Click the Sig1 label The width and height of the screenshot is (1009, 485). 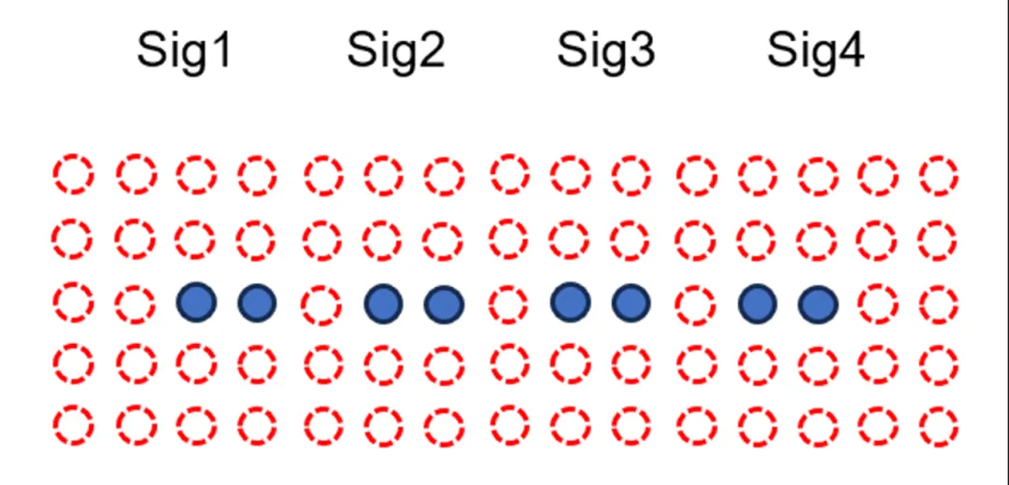tap(183, 50)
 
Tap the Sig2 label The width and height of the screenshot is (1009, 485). tap(395, 50)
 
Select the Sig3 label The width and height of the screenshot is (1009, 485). tap(605, 50)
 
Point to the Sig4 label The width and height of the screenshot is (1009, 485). tap(816, 50)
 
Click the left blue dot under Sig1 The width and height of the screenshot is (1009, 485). tap(196, 302)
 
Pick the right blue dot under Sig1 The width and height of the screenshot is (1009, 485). tap(257, 302)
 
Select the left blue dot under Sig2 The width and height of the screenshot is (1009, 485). tap(383, 303)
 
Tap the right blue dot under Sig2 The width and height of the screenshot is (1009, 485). tap(444, 304)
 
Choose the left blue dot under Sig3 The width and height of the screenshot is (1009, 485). tap(570, 301)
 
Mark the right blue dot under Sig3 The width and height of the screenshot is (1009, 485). tap(631, 302)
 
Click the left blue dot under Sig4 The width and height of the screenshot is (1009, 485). tap(757, 303)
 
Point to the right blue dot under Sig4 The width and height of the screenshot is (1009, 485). tap(818, 304)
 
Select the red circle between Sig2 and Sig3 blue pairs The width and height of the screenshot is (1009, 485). tap(508, 303)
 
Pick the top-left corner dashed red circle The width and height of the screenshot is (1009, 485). tap(73, 175)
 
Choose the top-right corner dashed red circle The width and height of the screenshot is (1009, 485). tap(938, 175)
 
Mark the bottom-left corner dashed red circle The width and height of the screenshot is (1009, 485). tap(73, 425)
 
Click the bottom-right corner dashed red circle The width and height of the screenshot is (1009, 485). tap(938, 425)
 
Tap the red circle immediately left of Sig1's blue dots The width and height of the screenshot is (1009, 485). tap(135, 303)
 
